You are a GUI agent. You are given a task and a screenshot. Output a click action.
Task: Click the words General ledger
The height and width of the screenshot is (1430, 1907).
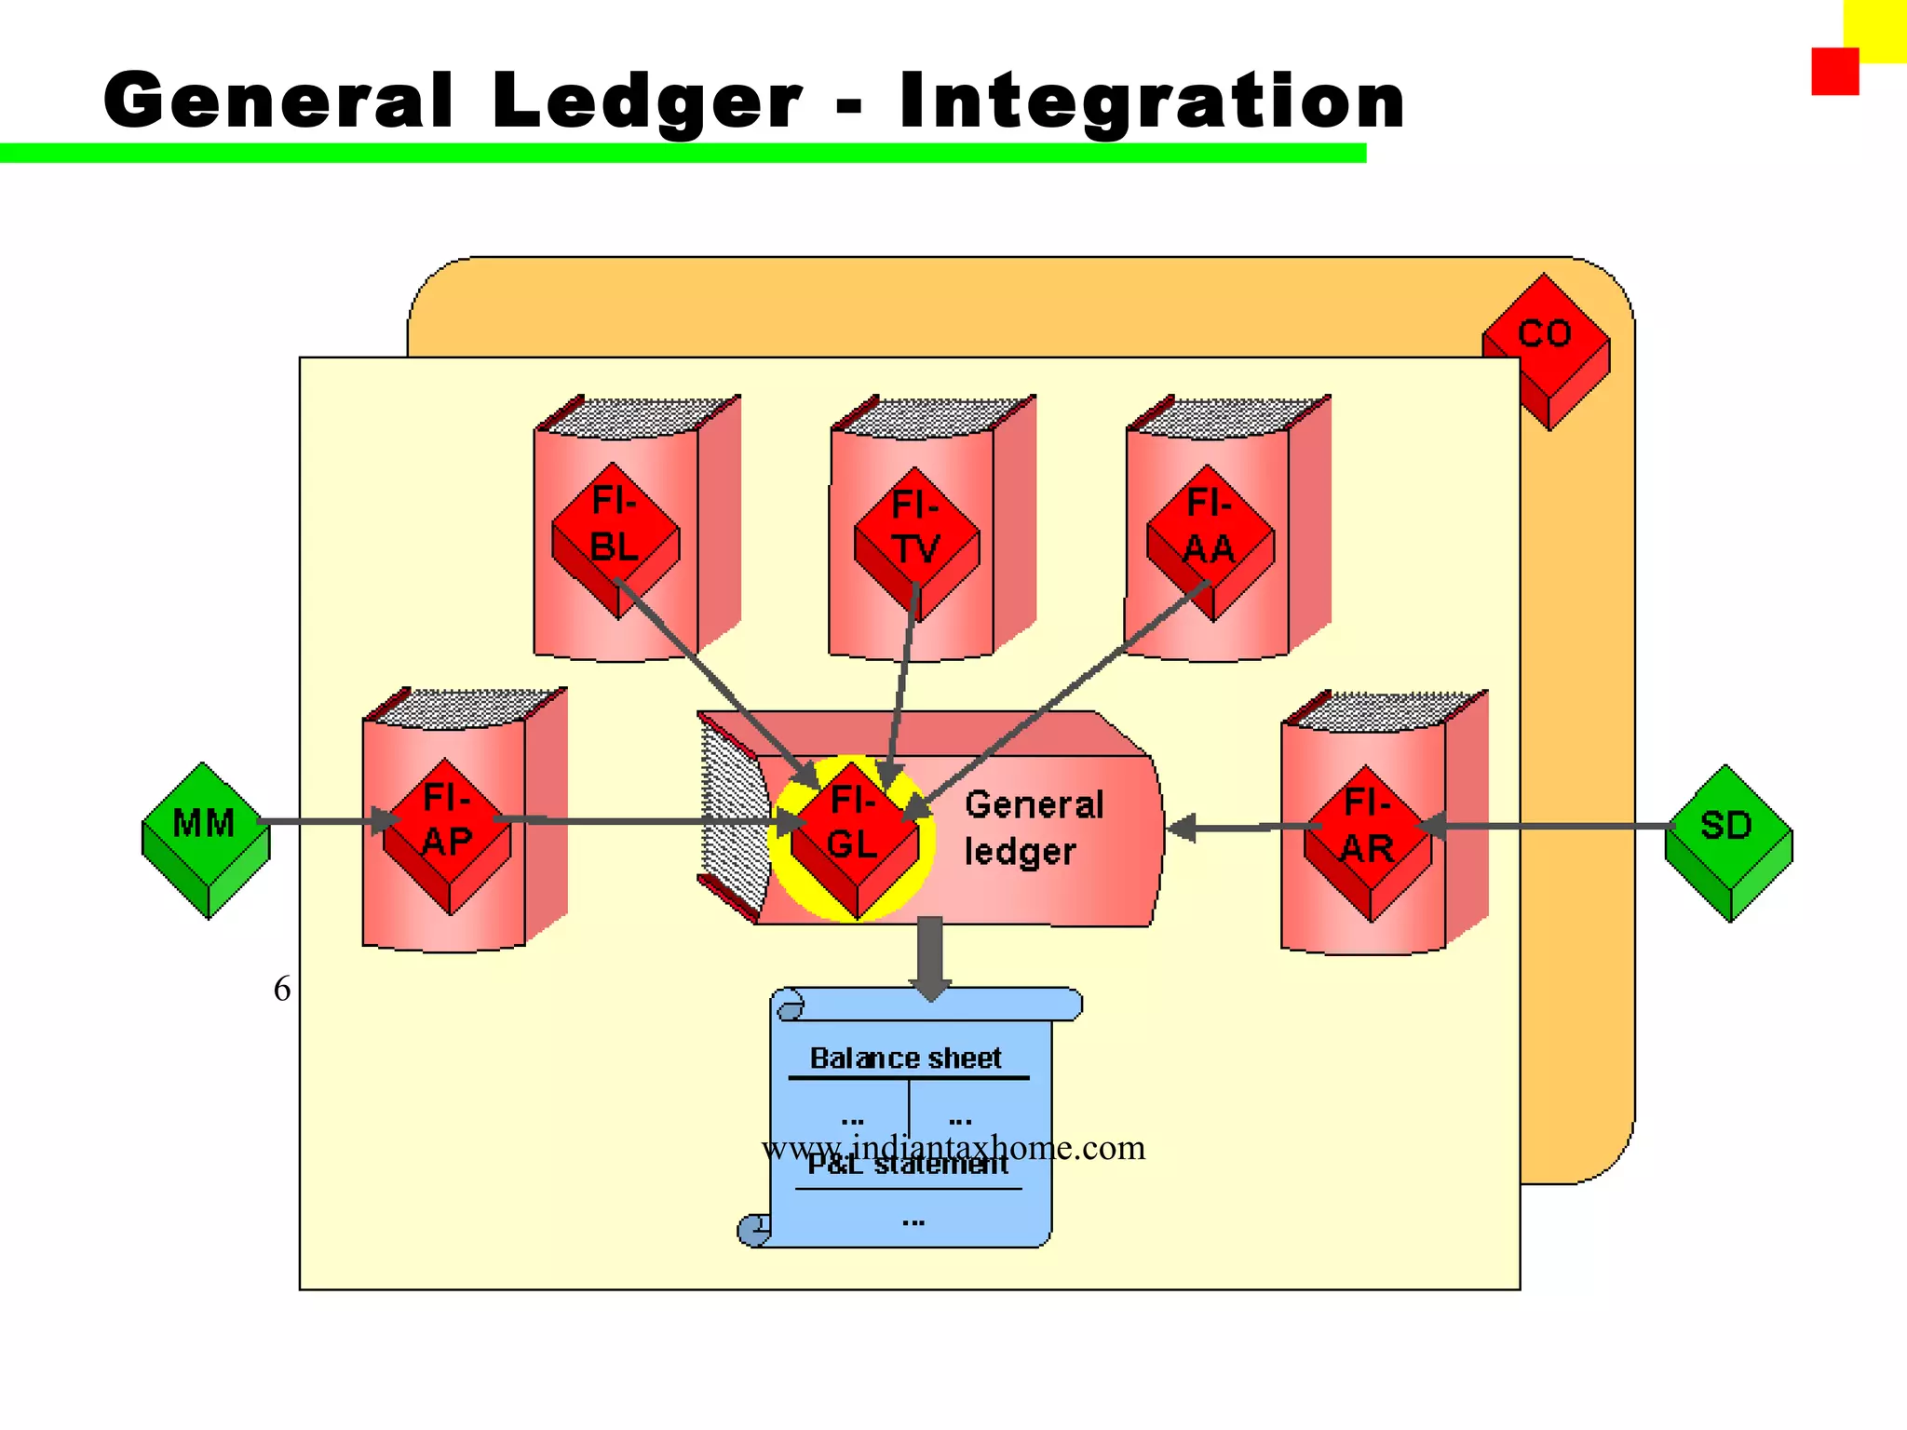tap(1033, 828)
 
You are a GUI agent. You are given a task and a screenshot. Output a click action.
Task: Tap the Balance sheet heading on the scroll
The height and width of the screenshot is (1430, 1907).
tap(905, 1059)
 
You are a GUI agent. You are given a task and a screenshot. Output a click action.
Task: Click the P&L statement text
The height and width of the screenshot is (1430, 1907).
tap(908, 1166)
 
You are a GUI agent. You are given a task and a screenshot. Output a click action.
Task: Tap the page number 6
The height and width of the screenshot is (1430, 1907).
tap(281, 989)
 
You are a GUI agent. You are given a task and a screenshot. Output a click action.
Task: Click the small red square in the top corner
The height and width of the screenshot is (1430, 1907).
tap(1834, 72)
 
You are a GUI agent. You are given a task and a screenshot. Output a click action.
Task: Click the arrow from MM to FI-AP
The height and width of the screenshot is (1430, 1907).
tap(321, 821)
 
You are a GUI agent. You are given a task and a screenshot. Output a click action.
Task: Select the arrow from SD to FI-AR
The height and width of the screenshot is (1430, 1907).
tap(1555, 826)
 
